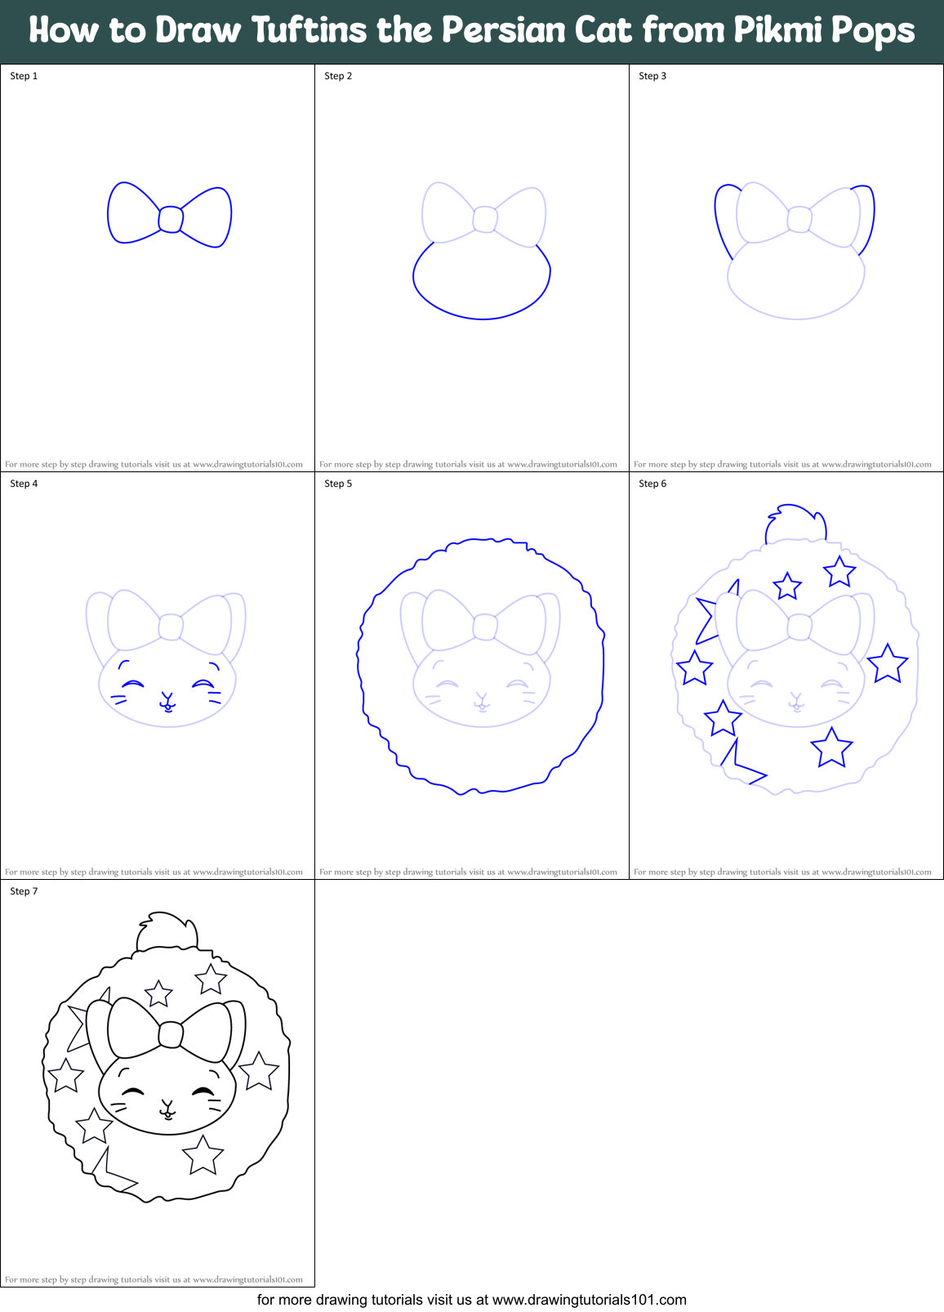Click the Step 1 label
24,76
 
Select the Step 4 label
24,484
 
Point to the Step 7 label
24,891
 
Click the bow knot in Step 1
170,219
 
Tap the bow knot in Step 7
170,1034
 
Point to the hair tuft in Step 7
167,931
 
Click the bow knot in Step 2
484,219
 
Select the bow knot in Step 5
484,627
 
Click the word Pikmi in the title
777,31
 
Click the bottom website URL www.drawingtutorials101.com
590,1300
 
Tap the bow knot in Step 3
799,219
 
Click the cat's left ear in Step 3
724,216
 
